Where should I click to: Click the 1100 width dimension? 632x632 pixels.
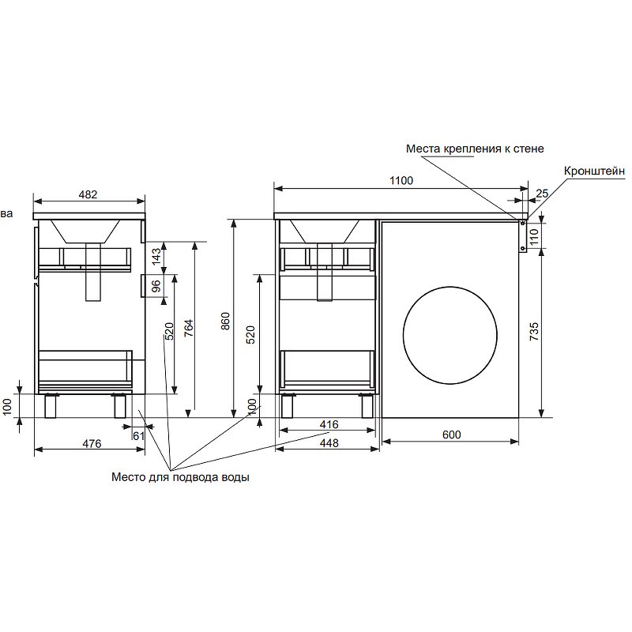(x=401, y=181)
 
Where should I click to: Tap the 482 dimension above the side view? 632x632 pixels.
(x=88, y=194)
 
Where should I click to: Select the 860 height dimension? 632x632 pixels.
(x=226, y=322)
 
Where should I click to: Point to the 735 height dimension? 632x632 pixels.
(x=534, y=331)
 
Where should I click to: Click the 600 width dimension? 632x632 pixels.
(x=451, y=434)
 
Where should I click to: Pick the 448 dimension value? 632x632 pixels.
(x=329, y=443)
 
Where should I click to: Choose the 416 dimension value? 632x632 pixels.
(x=329, y=424)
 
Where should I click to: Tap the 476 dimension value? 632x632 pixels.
(x=92, y=443)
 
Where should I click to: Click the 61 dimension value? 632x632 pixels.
(x=138, y=436)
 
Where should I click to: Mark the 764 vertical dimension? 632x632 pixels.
(x=189, y=328)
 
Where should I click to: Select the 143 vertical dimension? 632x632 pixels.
(x=156, y=256)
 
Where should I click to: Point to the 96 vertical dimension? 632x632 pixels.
(x=156, y=286)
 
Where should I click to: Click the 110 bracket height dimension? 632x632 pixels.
(x=534, y=237)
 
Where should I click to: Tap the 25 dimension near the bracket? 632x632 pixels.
(x=542, y=194)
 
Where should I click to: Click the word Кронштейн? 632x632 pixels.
(x=595, y=171)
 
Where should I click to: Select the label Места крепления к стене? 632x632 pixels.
(x=475, y=149)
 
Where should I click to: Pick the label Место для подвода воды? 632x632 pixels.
(x=180, y=477)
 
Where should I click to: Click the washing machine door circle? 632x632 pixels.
(x=450, y=335)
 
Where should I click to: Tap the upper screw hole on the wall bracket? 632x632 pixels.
(x=522, y=223)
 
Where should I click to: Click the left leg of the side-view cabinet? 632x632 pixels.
(x=50, y=405)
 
